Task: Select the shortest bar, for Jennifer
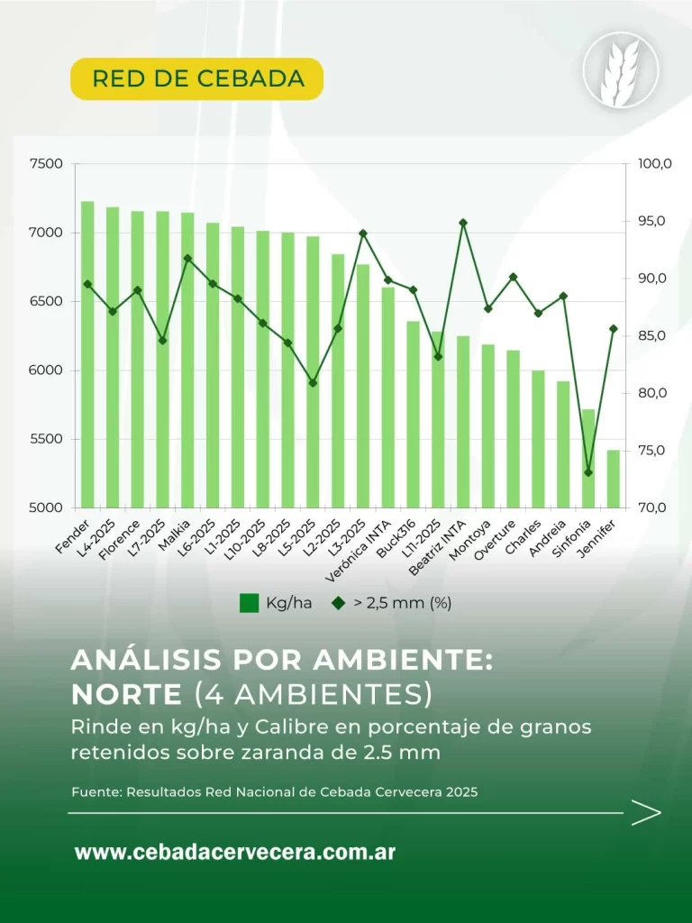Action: [613, 478]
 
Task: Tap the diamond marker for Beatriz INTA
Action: [463, 223]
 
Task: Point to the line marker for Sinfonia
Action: [588, 472]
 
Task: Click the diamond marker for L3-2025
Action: [363, 233]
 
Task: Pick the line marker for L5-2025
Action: [313, 383]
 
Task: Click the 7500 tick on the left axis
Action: [46, 164]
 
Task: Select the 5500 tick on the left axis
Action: [46, 439]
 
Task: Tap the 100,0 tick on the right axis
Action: [654, 164]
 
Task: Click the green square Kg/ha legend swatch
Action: [250, 603]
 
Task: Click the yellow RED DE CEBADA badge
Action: [197, 78]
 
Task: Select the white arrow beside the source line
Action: [646, 813]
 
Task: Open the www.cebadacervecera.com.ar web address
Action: [234, 852]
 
